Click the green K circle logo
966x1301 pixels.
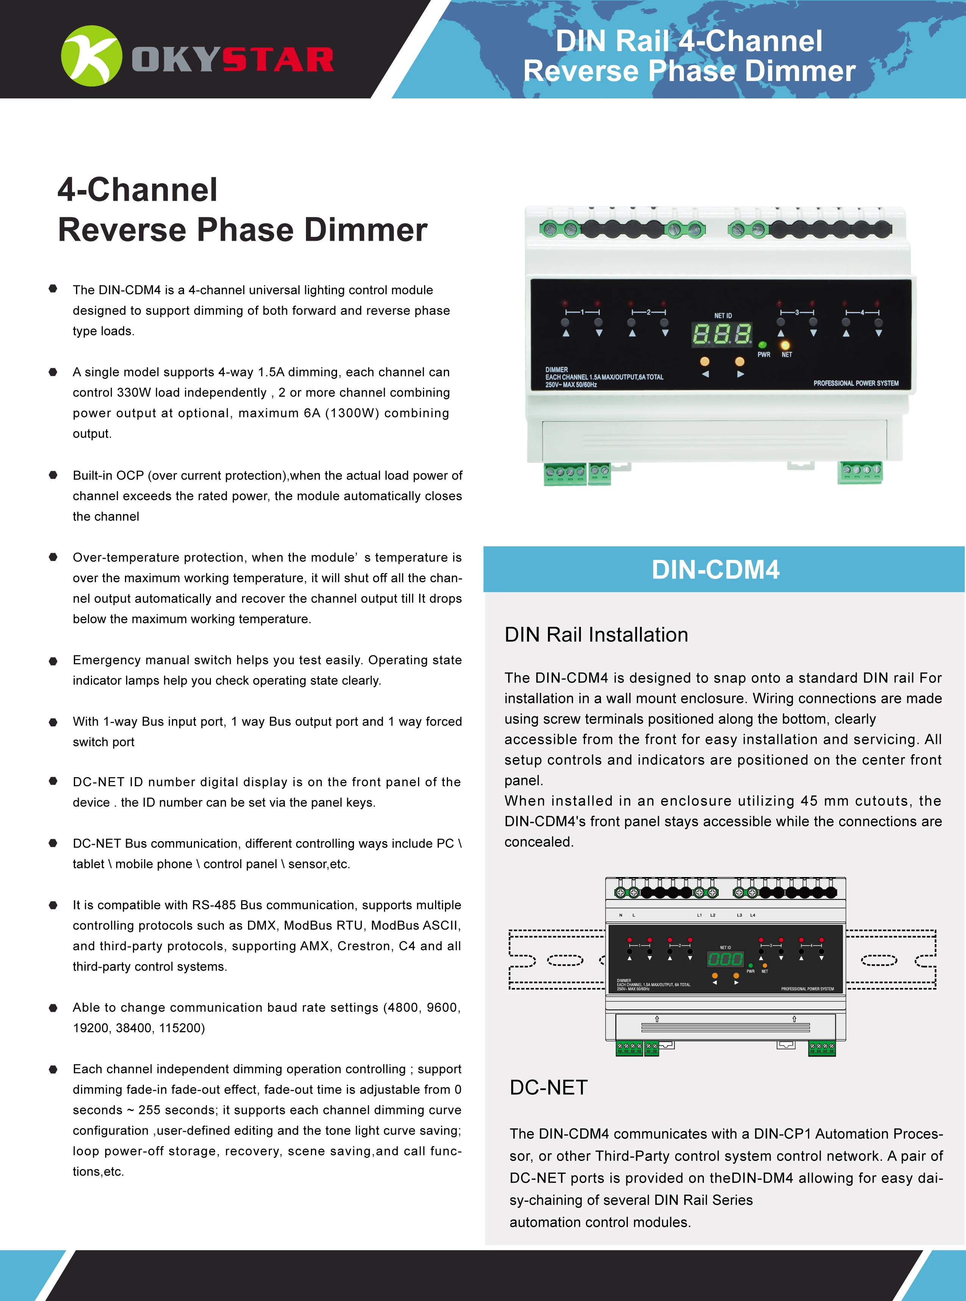(x=91, y=56)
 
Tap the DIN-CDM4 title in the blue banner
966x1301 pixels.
(x=715, y=570)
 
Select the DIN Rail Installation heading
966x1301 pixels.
(x=596, y=635)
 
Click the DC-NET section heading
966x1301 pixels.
(x=548, y=1088)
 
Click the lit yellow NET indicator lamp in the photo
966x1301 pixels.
(x=785, y=346)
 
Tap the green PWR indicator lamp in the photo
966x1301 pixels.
(x=762, y=345)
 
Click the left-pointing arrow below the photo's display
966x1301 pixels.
(x=705, y=374)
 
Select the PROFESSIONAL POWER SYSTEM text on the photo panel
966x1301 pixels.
(x=855, y=383)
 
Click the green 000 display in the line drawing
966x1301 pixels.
(x=725, y=959)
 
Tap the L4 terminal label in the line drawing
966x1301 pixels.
(x=752, y=915)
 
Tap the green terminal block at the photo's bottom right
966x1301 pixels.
(x=860, y=472)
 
